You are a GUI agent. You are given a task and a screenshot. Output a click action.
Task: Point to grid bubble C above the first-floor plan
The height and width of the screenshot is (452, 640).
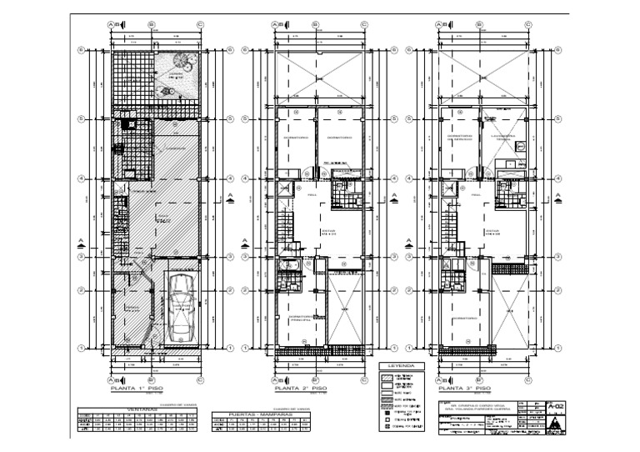[x=201, y=25]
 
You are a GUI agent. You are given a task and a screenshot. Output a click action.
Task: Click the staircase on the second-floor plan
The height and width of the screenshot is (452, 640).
[x=286, y=227]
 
